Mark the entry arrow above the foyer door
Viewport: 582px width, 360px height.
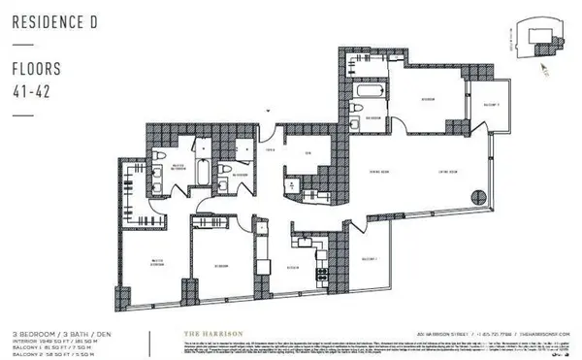(269, 112)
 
